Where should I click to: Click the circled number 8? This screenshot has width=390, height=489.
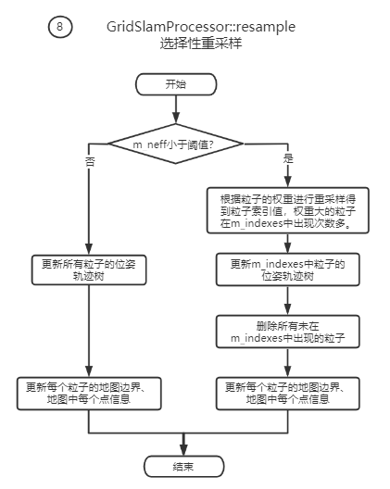point(60,27)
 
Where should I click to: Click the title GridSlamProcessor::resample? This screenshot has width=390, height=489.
point(201,28)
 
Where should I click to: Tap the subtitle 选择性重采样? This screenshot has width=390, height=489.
point(201,44)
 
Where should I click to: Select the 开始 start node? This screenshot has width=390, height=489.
point(175,84)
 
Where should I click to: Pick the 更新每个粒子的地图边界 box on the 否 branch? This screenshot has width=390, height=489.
point(88,393)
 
